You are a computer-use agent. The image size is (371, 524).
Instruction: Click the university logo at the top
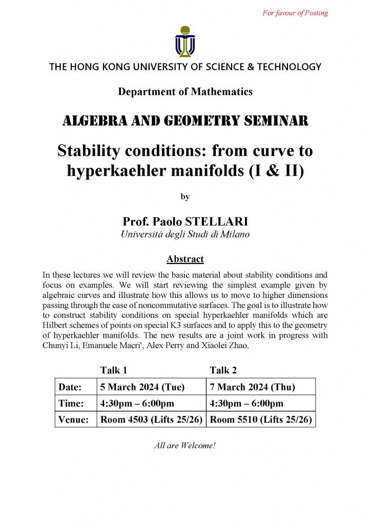(185, 40)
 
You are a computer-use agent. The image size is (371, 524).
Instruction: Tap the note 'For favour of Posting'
(295, 13)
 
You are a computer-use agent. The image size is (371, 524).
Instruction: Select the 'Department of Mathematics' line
(185, 92)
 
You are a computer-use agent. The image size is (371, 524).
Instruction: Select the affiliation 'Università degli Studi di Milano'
(185, 235)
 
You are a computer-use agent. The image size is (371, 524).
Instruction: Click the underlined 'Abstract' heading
(185, 259)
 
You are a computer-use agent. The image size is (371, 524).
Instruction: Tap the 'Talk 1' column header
(113, 370)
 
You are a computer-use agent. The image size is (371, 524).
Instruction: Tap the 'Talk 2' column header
(223, 370)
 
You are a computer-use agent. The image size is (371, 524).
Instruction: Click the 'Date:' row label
(70, 387)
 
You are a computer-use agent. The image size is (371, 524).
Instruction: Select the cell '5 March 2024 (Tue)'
(142, 387)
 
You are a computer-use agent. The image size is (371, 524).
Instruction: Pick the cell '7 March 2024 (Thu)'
(253, 387)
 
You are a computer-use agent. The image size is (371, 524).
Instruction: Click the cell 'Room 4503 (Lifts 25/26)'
(151, 420)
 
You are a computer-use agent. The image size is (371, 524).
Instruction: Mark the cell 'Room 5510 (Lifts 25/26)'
(261, 420)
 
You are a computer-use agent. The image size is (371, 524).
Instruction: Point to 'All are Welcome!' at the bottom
(185, 446)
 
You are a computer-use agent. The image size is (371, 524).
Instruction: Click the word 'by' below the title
(185, 196)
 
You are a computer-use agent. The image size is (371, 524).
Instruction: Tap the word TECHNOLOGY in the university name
(290, 67)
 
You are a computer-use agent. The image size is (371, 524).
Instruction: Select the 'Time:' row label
(71, 403)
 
